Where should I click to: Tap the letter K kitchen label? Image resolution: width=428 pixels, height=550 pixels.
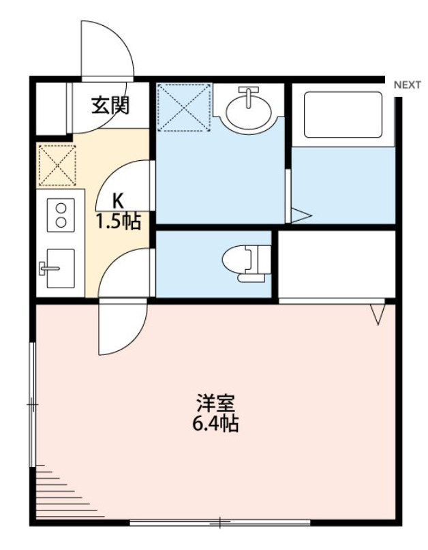pyautogui.click(x=118, y=201)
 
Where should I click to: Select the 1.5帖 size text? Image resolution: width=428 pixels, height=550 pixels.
pyautogui.click(x=118, y=221)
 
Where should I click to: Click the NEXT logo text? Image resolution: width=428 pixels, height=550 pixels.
pyautogui.click(x=407, y=85)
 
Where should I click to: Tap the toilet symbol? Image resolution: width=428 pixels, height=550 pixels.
pyautogui.click(x=246, y=263)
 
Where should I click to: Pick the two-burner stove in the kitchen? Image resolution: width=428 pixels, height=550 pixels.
pyautogui.click(x=60, y=214)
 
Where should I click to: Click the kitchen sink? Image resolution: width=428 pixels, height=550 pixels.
pyautogui.click(x=58, y=269)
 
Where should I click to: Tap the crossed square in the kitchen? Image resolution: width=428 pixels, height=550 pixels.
pyautogui.click(x=56, y=165)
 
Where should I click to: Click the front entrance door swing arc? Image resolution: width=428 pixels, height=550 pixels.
pyautogui.click(x=107, y=48)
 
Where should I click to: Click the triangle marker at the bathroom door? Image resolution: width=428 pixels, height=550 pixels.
pyautogui.click(x=301, y=216)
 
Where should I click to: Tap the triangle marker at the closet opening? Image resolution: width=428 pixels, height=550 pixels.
pyautogui.click(x=379, y=313)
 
